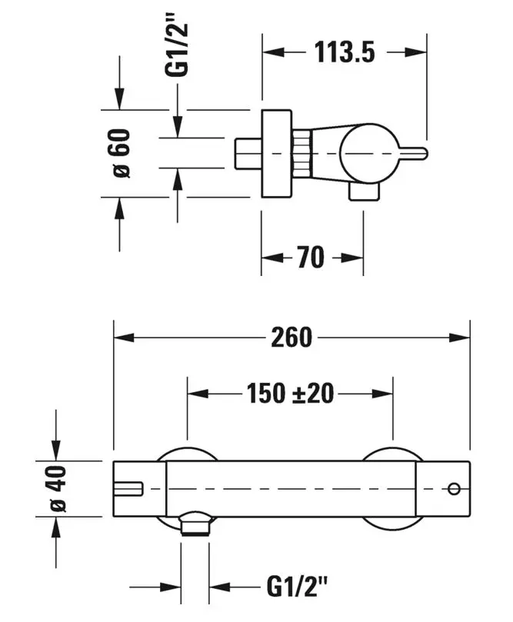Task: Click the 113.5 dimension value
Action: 344,52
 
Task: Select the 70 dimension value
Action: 311,258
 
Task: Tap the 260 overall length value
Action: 291,337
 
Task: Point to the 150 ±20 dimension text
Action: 291,393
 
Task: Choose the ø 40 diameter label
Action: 58,488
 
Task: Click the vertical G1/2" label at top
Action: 178,46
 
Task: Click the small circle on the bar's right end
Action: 453,488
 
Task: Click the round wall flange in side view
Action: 277,154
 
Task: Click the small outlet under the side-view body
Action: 362,192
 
